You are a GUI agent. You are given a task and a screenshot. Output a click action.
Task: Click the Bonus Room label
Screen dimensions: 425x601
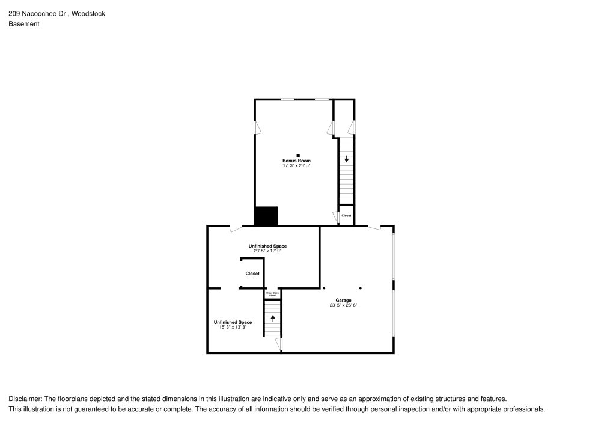pos(297,161)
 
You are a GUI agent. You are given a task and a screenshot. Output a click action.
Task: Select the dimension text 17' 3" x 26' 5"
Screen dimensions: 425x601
pos(297,165)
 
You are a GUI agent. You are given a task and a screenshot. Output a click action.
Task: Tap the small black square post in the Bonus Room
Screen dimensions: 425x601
pos(297,156)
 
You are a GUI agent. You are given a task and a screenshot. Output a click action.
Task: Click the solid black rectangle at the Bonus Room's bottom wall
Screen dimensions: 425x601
pos(266,216)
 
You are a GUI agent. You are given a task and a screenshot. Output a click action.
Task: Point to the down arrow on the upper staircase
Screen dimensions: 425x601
pos(346,159)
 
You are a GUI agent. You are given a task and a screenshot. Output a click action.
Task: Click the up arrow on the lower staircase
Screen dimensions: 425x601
pos(273,318)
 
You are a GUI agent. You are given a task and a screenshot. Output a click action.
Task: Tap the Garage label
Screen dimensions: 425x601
pos(343,300)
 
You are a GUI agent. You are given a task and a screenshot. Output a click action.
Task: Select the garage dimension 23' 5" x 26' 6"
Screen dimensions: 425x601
pos(343,305)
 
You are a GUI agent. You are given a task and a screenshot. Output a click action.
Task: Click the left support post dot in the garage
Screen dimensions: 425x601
pos(323,288)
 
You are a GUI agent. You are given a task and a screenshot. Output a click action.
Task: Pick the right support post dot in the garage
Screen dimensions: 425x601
pos(361,288)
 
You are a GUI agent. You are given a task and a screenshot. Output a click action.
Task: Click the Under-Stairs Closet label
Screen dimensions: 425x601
pos(272,295)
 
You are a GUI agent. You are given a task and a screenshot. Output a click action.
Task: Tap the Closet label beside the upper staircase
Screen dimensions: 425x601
pos(346,215)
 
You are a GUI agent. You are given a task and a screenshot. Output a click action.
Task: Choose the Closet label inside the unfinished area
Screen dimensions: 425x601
pos(252,274)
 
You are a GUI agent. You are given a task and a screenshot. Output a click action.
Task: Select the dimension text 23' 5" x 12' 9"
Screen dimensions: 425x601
pos(267,251)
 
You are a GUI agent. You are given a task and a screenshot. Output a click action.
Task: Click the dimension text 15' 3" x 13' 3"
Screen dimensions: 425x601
pos(233,328)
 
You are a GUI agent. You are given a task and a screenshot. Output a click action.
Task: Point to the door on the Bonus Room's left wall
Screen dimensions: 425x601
pos(256,128)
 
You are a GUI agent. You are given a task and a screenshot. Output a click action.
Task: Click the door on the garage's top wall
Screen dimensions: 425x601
pos(374,227)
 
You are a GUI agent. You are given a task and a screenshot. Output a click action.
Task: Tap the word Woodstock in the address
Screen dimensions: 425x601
pos(88,13)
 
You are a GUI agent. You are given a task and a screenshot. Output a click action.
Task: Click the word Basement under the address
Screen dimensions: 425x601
pos(24,24)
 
